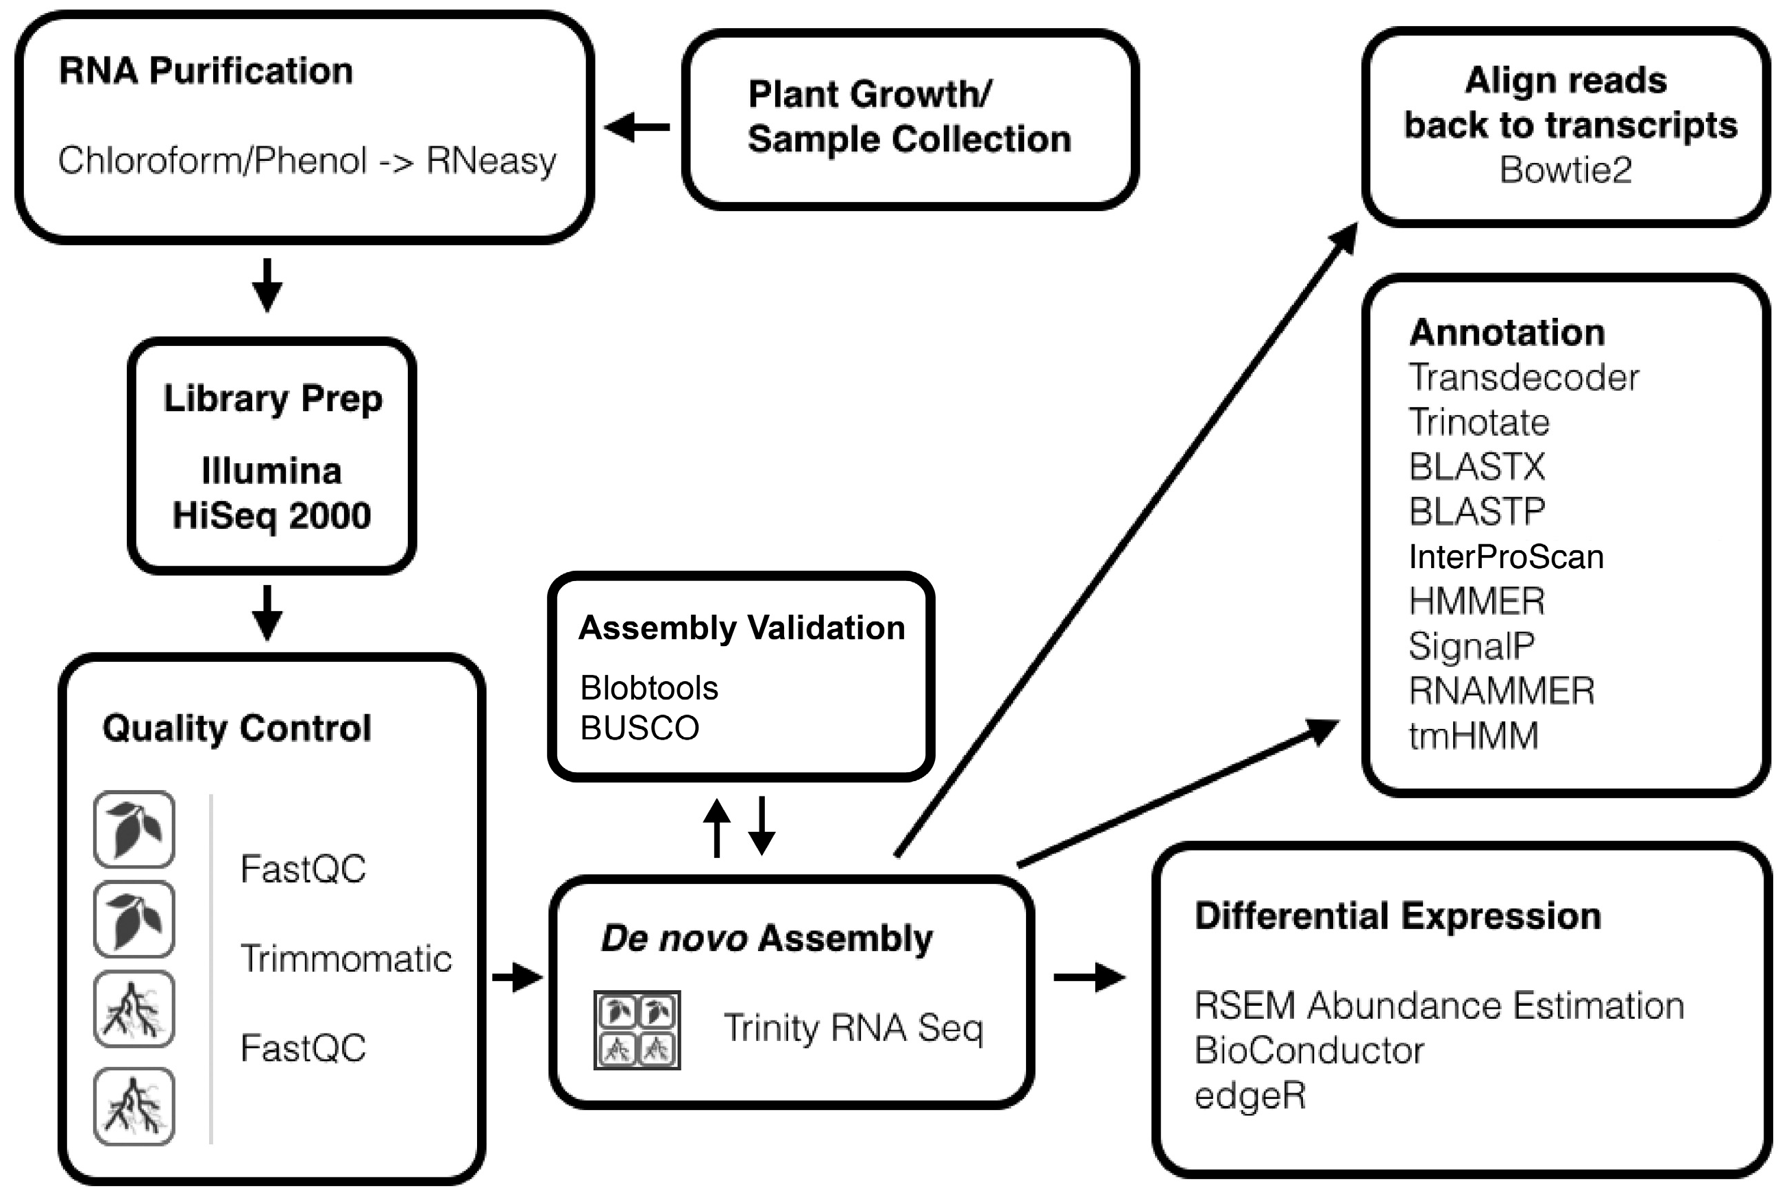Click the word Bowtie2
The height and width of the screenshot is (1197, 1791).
tap(1565, 169)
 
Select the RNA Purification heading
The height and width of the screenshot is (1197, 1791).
tap(206, 71)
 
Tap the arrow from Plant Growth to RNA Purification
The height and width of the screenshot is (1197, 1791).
tap(637, 127)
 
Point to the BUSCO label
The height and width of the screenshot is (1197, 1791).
tap(639, 728)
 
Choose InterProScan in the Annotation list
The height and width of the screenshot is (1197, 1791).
tap(1505, 556)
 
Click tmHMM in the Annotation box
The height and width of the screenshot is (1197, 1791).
tap(1473, 736)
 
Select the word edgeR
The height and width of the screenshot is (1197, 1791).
tap(1250, 1096)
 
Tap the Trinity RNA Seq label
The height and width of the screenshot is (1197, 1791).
tap(853, 1028)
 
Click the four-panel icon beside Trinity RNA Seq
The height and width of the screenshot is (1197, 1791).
tap(637, 1030)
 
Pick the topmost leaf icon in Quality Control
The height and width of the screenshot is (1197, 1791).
tap(134, 830)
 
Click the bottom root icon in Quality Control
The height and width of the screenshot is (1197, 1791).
tap(134, 1106)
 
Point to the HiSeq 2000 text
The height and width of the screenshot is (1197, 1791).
tap(272, 515)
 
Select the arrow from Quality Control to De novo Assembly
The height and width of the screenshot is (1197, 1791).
tap(517, 976)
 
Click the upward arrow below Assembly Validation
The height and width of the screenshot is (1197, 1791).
tap(716, 828)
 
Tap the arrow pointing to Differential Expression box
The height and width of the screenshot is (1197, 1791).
tap(1088, 976)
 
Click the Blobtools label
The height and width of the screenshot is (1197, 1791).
tap(649, 688)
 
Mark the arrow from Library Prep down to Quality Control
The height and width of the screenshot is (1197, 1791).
tap(267, 613)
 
